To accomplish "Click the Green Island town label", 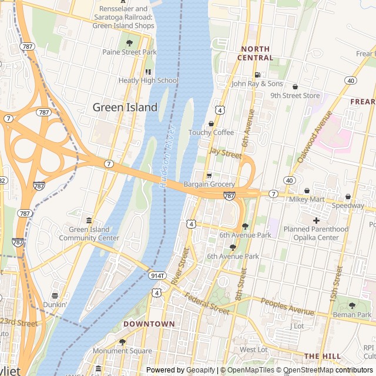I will point(125,107).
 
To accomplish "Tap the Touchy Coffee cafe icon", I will point(211,124).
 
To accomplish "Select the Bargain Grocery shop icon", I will point(209,176).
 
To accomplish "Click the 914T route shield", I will point(157,276).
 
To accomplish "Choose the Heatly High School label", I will point(149,80).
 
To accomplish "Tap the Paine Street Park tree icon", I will point(129,43).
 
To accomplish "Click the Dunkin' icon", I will point(55,296).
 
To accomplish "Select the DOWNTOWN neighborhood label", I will point(149,324).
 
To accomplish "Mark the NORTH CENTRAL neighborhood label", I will point(255,53).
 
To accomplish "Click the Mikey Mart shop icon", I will point(307,191).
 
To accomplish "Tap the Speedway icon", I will point(348,197).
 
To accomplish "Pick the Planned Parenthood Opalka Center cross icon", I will point(316,220).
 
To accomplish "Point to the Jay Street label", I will point(226,154).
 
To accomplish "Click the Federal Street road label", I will point(206,303).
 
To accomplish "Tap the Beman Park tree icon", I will point(352,305).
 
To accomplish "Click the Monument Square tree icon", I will point(122,342).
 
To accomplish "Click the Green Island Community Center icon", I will point(89,220).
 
